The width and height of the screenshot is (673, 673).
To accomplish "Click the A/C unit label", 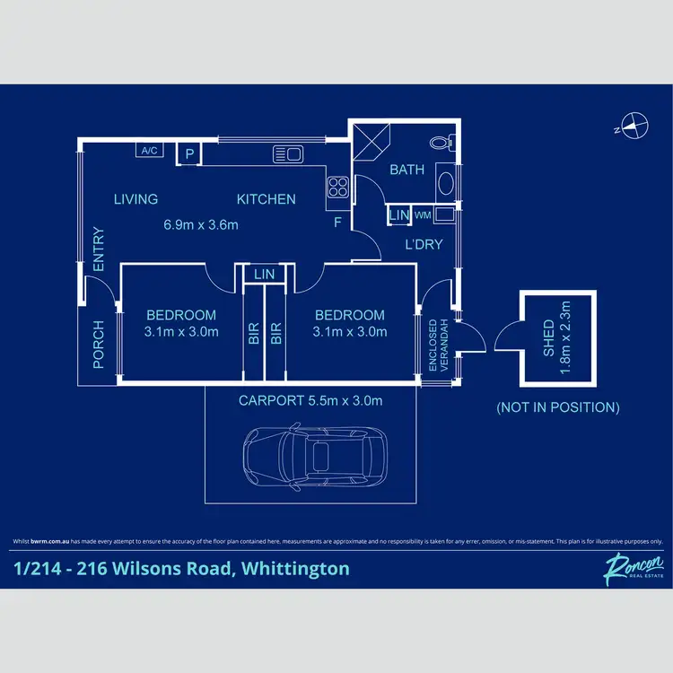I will tap(149, 151).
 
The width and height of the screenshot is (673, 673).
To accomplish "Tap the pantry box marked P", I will tap(189, 154).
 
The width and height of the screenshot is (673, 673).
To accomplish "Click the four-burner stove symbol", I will tap(338, 187).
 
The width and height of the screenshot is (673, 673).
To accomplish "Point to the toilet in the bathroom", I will tap(440, 142).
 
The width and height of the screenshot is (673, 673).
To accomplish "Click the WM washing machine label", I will tap(422, 215).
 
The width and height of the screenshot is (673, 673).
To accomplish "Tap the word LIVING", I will tap(135, 199).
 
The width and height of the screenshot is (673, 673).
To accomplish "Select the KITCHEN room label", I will tap(266, 199).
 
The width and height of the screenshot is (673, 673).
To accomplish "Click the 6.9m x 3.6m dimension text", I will tap(201, 225).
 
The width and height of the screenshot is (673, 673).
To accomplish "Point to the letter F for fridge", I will tap(337, 223).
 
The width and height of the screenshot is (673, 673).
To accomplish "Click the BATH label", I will tap(406, 170).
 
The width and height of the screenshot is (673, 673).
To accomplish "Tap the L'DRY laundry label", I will tap(424, 244).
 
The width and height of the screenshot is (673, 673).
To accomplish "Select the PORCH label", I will tap(99, 345).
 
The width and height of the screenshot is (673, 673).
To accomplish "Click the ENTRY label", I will tap(99, 250).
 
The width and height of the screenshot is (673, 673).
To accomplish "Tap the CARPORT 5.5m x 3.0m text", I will tap(310, 400).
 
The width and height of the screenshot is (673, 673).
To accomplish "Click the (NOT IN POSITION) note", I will tap(557, 406).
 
